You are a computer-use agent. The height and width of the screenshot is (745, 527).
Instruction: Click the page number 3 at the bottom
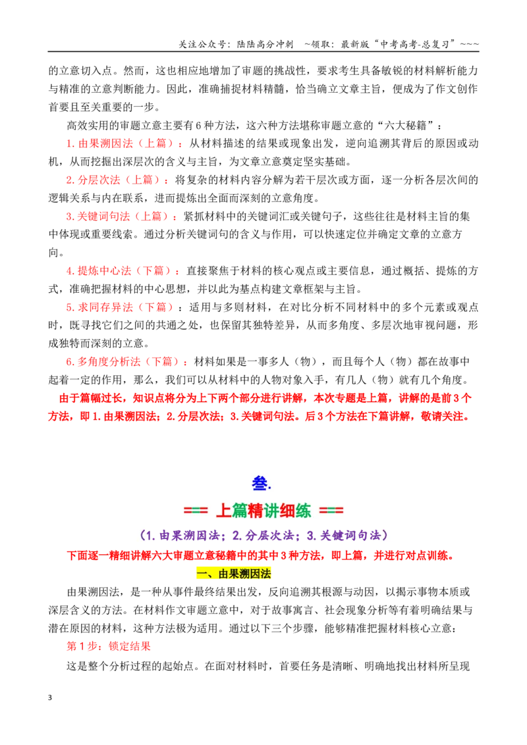pos(50,698)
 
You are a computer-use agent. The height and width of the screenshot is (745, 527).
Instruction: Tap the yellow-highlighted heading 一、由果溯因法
pos(234,573)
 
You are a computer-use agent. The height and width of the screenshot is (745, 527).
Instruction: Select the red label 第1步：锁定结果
pos(109,646)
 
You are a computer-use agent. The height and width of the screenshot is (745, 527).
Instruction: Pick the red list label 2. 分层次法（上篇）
pos(117,180)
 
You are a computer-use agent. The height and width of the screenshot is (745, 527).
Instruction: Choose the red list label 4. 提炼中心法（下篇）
pos(123,271)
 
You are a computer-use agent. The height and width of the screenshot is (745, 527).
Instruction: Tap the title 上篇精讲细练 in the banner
pos(263,511)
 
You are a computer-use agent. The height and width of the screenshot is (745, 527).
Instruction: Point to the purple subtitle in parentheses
pos(264,536)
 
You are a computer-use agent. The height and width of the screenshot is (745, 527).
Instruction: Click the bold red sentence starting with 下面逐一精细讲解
pos(261,555)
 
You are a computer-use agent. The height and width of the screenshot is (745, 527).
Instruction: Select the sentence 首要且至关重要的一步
pos(101,107)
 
